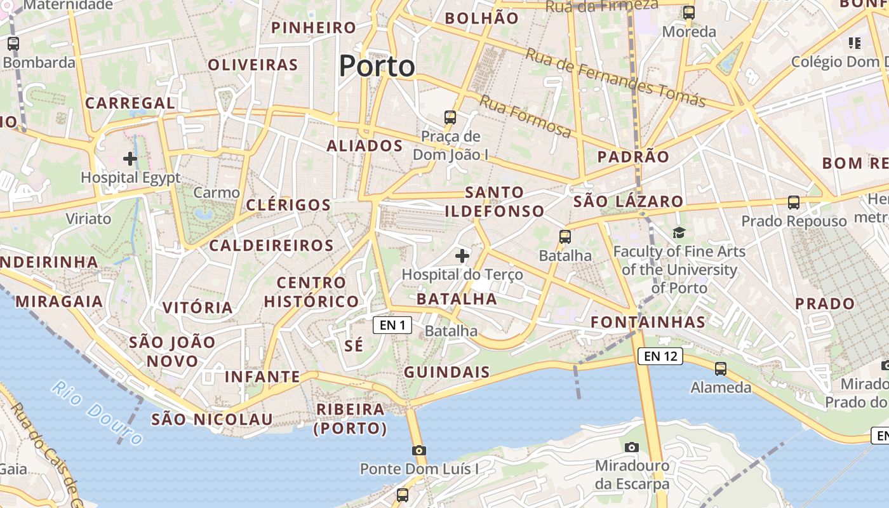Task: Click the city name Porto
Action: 377,66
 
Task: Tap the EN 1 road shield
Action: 392,326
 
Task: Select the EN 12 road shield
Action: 660,356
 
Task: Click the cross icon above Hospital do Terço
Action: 462,256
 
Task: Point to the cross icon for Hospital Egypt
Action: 130,159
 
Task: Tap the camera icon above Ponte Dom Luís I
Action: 418,450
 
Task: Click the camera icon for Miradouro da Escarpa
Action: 631,447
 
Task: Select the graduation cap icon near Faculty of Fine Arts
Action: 679,232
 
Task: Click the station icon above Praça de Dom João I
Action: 450,117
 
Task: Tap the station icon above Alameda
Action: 721,368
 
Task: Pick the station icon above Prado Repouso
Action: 794,203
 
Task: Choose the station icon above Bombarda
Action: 13,44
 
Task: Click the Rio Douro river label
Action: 97,412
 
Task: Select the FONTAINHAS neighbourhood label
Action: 648,322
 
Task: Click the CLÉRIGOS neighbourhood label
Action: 288,205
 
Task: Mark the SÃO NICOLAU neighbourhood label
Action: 212,419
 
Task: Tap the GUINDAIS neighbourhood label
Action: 447,372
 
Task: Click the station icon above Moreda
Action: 689,12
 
